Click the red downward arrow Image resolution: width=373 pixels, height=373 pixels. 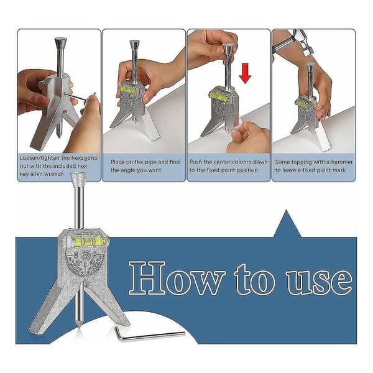245,73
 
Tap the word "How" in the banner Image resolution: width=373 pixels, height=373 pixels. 177,278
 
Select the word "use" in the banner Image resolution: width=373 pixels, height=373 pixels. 320,282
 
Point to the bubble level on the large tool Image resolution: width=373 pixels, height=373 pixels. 91,242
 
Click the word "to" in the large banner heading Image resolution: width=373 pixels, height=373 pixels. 254,279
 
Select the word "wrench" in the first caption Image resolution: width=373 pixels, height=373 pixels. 54,174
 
